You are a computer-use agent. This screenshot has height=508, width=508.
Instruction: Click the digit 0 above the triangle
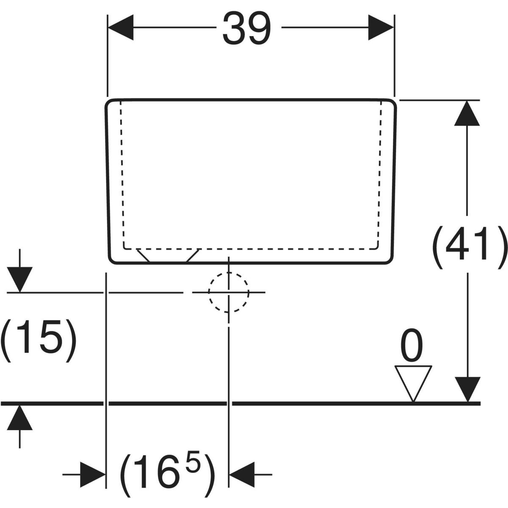coord(411,346)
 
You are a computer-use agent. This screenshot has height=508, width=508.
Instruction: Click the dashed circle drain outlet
coord(228,292)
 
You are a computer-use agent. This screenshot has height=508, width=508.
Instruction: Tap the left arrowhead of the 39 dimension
coord(121,28)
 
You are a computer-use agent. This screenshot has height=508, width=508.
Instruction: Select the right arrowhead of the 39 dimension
coord(381,28)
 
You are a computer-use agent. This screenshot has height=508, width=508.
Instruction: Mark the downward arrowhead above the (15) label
coord(20,280)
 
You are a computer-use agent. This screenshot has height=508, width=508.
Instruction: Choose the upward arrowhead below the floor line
coord(20,417)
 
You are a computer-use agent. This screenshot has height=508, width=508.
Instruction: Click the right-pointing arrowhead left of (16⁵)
coord(92,475)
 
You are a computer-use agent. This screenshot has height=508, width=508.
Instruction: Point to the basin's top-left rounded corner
coord(110,104)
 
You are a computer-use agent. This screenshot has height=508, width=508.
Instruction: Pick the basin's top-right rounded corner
coord(392,104)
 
